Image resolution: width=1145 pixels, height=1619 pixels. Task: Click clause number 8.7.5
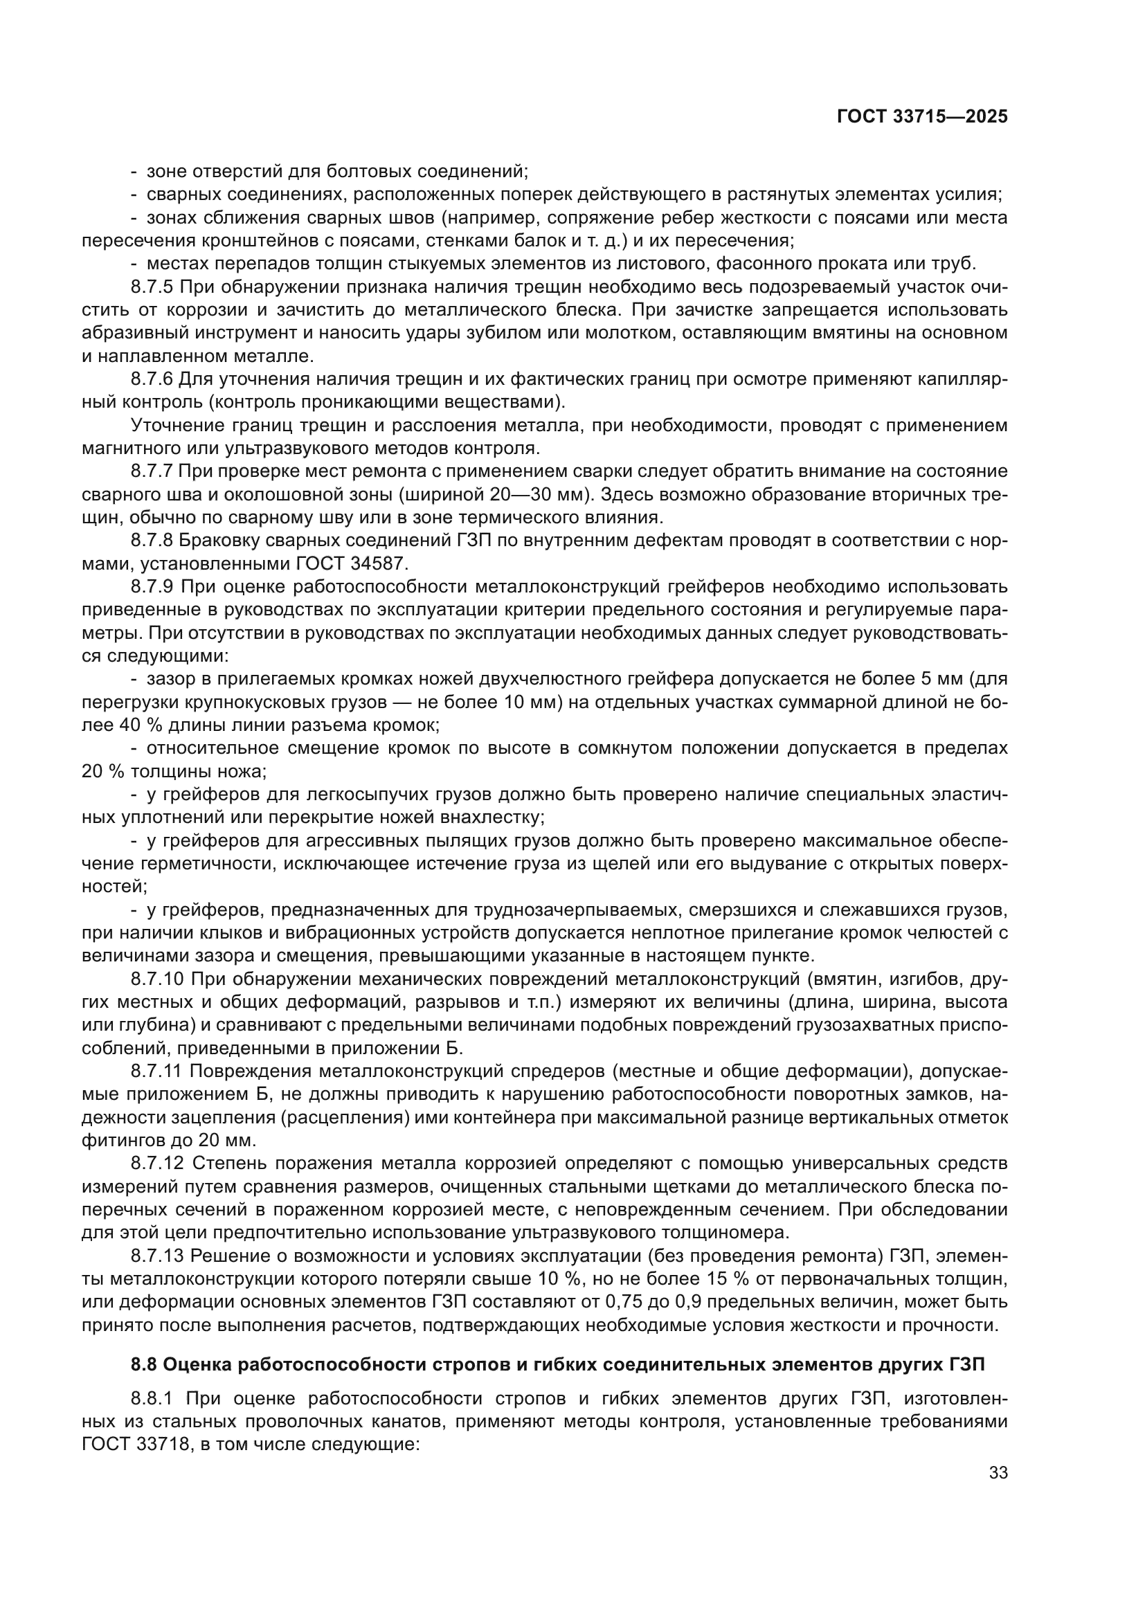click(x=152, y=287)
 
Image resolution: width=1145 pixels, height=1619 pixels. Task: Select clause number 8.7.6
click(x=152, y=379)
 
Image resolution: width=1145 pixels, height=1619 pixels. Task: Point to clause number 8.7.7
click(x=152, y=471)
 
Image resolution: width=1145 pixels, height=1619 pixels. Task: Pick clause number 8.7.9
click(x=152, y=587)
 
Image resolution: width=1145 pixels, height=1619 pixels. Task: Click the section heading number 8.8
click(x=144, y=1364)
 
